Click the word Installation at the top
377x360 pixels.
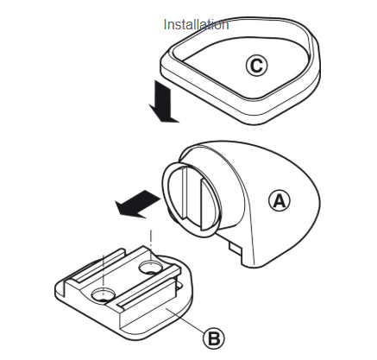196,25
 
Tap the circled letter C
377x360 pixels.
256,66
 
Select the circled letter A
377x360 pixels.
280,200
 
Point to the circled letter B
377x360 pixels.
214,338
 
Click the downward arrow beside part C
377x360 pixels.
163,102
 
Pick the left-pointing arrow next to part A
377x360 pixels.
137,204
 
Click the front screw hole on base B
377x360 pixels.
104,295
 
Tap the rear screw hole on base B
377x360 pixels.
150,268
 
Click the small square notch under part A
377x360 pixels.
236,248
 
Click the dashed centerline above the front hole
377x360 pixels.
103,271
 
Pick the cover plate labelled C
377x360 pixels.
240,71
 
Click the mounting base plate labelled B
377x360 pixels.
123,294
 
